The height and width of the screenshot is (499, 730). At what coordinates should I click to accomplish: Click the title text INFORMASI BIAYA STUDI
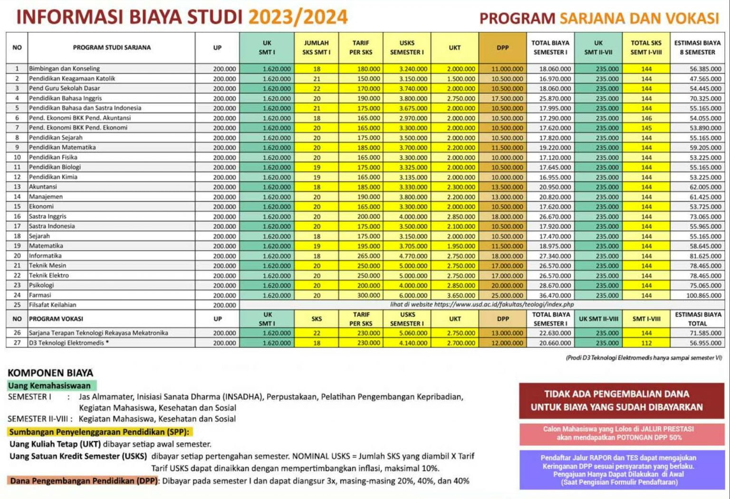click(129, 17)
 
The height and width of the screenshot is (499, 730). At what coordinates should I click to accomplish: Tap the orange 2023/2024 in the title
click(298, 17)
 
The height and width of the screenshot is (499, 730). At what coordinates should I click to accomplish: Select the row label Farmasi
click(40, 295)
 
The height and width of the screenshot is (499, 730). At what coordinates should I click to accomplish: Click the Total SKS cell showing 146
click(646, 118)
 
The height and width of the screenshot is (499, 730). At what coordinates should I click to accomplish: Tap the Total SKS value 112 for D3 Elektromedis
click(646, 343)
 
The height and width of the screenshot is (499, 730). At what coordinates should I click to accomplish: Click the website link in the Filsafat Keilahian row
click(481, 305)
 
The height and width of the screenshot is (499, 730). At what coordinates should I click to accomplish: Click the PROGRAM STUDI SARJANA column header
click(112, 47)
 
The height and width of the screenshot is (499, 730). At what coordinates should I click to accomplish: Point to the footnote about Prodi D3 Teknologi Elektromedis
click(644, 358)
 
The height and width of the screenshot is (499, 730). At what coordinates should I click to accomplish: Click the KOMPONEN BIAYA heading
click(50, 373)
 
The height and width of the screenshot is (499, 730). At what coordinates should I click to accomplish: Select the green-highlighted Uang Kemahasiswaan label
click(49, 386)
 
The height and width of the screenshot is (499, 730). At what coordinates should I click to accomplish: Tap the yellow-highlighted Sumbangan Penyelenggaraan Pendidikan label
click(99, 432)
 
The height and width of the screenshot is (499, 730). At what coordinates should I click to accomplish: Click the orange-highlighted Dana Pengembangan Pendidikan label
click(84, 481)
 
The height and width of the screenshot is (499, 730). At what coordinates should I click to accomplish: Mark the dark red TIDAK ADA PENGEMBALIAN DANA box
click(616, 401)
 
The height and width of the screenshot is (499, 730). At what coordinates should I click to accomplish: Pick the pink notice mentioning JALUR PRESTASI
click(618, 433)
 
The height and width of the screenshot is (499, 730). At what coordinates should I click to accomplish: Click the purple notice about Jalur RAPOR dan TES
click(618, 470)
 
